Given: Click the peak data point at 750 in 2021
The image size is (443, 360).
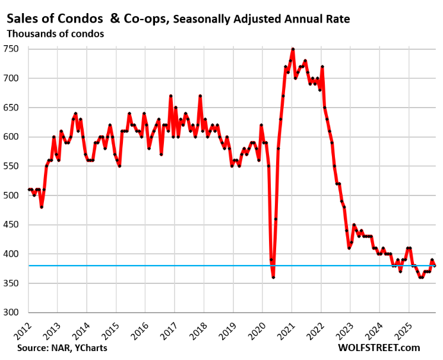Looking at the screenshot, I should [293, 49].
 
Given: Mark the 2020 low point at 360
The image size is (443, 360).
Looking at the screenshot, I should [273, 277].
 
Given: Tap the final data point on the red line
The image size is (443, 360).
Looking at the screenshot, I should [435, 266].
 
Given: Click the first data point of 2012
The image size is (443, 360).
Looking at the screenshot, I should [29, 190].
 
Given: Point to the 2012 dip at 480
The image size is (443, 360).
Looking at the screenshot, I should [41, 207].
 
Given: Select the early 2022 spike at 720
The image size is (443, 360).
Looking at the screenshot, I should [322, 67].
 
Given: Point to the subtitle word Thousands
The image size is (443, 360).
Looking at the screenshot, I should [30, 33].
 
